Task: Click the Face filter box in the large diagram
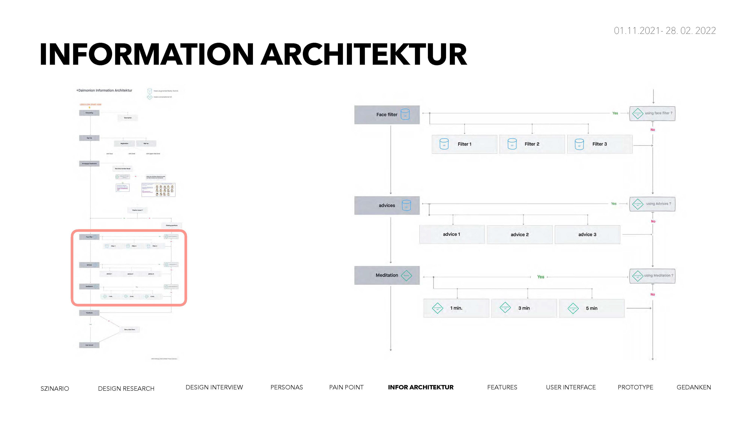click(x=387, y=115)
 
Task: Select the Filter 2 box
click(x=532, y=144)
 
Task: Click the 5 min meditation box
click(x=591, y=308)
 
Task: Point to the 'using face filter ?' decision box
click(x=652, y=113)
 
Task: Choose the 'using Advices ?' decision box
click(x=652, y=204)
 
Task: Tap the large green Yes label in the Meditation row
click(x=540, y=277)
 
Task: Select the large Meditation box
click(x=387, y=275)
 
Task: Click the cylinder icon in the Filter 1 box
click(x=444, y=144)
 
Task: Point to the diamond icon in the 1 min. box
click(x=437, y=308)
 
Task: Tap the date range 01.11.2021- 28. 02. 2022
click(x=665, y=31)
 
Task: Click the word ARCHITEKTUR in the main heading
click(x=364, y=55)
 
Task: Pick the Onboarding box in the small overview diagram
click(x=89, y=113)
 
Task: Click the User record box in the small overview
click(x=89, y=345)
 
